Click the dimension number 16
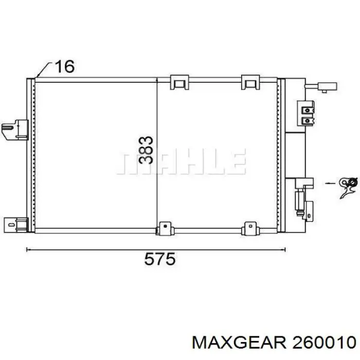[x=65, y=66]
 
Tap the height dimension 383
[x=146, y=150]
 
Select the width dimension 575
[x=160, y=259]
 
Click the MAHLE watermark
[x=182, y=161]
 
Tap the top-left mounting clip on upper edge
[x=179, y=82]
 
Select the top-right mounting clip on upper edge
[x=250, y=82]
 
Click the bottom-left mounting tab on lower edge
[x=165, y=228]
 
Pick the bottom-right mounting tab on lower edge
[x=250, y=228]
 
